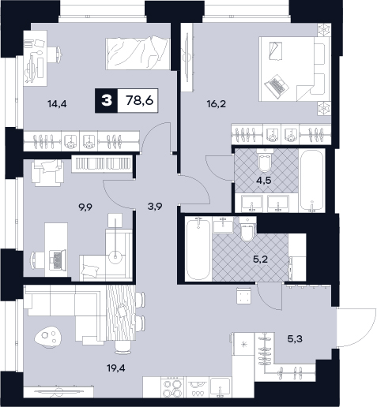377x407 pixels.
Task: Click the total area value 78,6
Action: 140,101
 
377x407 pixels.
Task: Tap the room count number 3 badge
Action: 107,101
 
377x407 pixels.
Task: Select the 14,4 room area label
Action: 57,104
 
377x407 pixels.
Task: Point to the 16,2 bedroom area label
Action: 217,104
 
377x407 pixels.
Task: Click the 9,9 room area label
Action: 85,207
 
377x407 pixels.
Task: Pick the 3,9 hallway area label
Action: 155,207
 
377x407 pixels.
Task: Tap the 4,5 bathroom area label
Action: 265,181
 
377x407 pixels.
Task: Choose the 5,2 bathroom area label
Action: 260,260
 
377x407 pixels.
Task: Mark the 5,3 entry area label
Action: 295,339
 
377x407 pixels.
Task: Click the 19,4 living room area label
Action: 116,368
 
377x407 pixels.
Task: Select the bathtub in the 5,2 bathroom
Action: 198,249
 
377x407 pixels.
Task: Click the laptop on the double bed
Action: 276,84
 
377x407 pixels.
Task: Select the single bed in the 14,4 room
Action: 138,54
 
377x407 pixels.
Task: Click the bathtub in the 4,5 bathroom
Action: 312,181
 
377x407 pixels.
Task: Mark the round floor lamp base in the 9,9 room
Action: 115,256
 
